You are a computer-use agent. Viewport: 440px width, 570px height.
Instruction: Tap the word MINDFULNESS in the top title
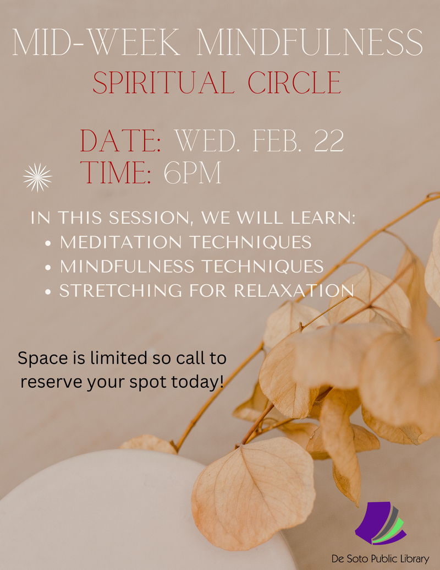(310, 42)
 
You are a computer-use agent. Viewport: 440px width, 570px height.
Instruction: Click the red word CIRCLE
(294, 83)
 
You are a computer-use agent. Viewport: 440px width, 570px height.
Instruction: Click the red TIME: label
(116, 173)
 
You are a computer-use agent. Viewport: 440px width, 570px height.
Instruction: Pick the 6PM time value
(193, 173)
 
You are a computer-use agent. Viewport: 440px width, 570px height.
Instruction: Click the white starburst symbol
(37, 177)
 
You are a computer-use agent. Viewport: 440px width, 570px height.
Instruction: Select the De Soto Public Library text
(380, 558)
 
